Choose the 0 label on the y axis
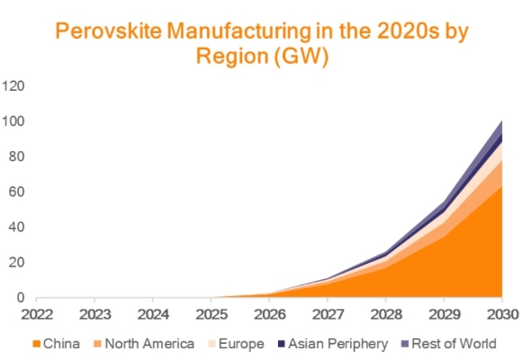21,298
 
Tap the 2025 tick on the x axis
211,315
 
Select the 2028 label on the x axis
385,315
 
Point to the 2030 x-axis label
499,315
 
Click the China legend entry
62,343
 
